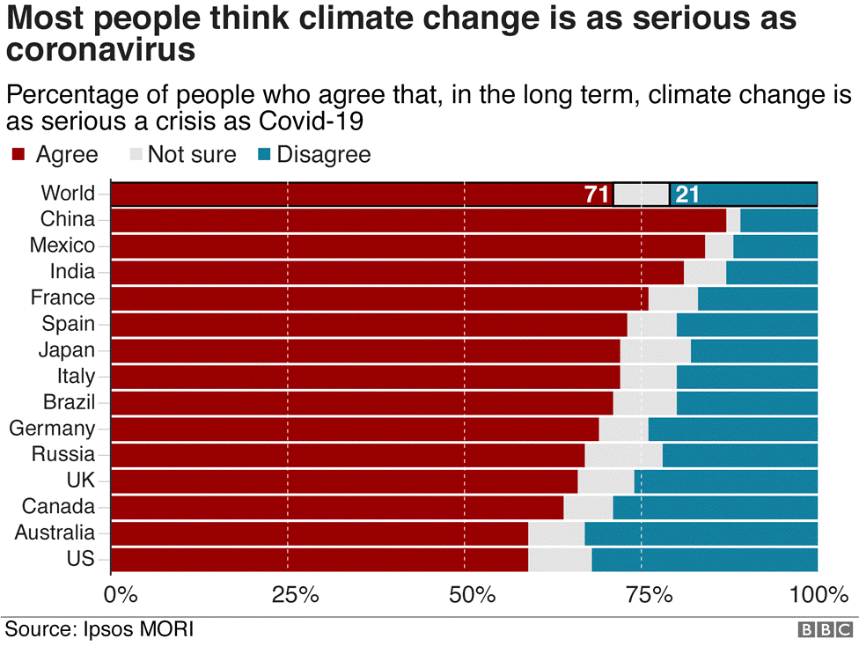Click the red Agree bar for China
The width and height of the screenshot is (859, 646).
pyautogui.click(x=419, y=220)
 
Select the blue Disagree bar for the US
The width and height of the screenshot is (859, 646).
pyautogui.click(x=704, y=560)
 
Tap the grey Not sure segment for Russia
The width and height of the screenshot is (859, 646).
pyautogui.click(x=623, y=455)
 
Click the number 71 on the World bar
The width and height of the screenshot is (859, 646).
pyautogui.click(x=597, y=195)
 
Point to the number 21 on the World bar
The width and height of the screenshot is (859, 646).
pyautogui.click(x=686, y=195)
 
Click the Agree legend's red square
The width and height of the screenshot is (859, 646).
pyautogui.click(x=18, y=156)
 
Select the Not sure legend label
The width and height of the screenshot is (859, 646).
pyautogui.click(x=192, y=155)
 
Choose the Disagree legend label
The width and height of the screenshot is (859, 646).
pyautogui.click(x=324, y=155)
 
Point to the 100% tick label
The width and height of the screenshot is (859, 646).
pyautogui.click(x=819, y=596)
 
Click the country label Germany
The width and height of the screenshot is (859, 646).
pyautogui.click(x=52, y=429)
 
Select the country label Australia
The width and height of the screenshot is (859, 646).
pyautogui.click(x=55, y=532)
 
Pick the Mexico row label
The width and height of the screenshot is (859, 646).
pyautogui.click(x=62, y=245)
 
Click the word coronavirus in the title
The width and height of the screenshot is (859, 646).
pyautogui.click(x=100, y=50)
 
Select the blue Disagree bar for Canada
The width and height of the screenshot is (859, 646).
pyautogui.click(x=715, y=507)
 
